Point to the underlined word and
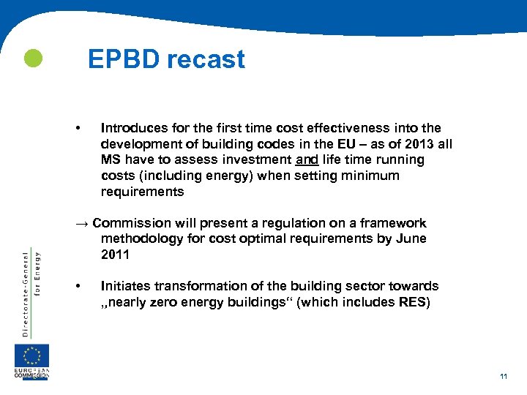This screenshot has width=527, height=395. [307, 160]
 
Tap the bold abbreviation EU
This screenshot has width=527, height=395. [347, 144]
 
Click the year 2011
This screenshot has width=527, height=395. [115, 255]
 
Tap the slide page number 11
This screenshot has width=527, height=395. [504, 376]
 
